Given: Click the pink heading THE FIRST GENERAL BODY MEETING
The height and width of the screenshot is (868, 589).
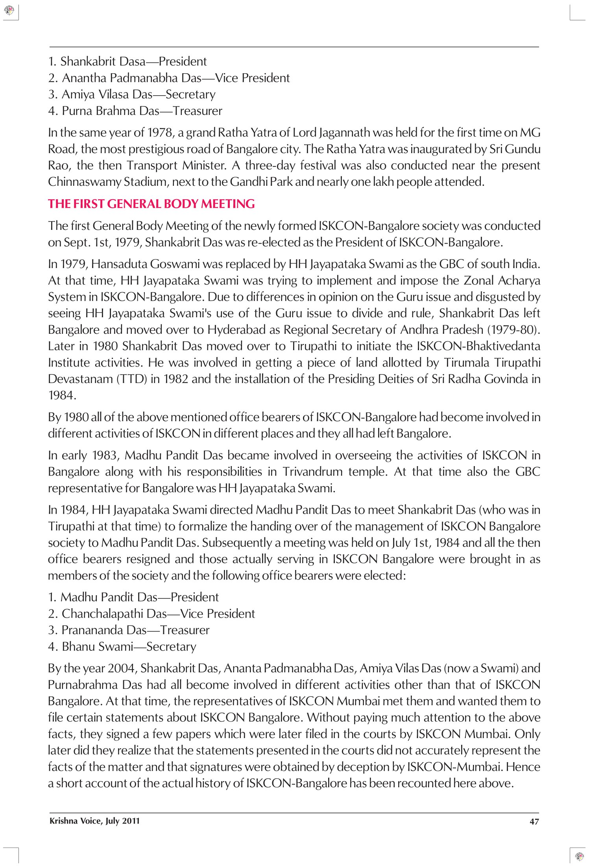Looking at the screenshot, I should click(x=151, y=204).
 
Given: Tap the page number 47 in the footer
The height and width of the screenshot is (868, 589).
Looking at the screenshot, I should click(x=534, y=822).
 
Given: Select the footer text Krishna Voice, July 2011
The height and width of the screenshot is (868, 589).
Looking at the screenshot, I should click(x=94, y=821).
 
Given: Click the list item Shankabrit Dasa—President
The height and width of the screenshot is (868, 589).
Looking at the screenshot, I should click(x=127, y=61).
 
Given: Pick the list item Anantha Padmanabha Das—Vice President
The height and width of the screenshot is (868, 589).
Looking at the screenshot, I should click(x=169, y=78).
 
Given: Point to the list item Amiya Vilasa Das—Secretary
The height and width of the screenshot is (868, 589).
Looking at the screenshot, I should click(x=132, y=94).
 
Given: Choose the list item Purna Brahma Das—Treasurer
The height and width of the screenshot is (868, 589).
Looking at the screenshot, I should click(x=135, y=111).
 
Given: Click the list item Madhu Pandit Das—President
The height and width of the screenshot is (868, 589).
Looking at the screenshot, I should click(x=133, y=597).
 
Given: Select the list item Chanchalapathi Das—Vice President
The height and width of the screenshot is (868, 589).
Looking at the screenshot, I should click(x=151, y=614).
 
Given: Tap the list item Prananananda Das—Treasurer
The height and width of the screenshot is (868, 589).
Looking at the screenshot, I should click(x=129, y=630).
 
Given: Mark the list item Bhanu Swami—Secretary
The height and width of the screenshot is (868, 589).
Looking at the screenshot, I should click(x=122, y=647).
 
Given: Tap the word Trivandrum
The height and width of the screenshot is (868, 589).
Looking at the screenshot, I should click(x=312, y=472).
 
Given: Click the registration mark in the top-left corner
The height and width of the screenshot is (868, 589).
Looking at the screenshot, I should click(x=9, y=10).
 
